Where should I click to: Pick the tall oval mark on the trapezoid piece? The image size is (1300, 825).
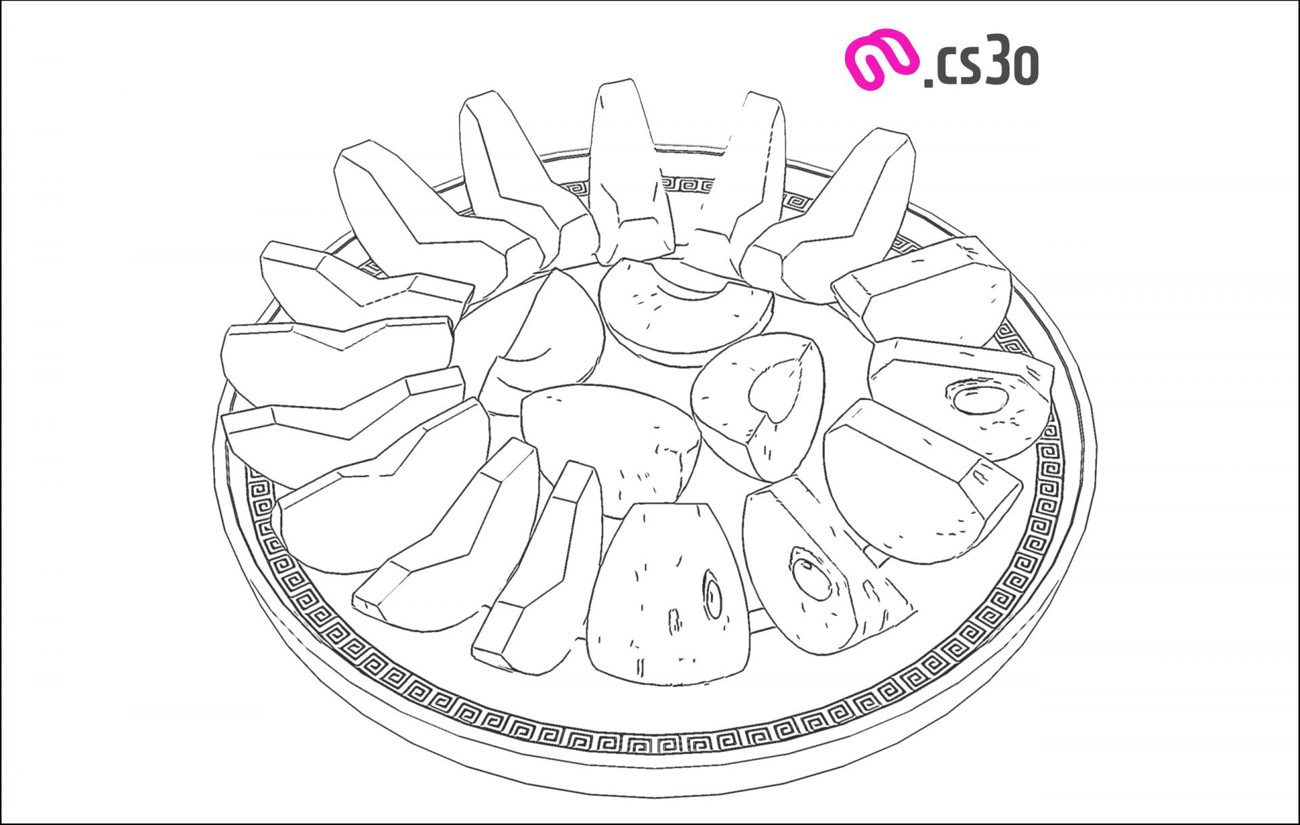click(x=713, y=595)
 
